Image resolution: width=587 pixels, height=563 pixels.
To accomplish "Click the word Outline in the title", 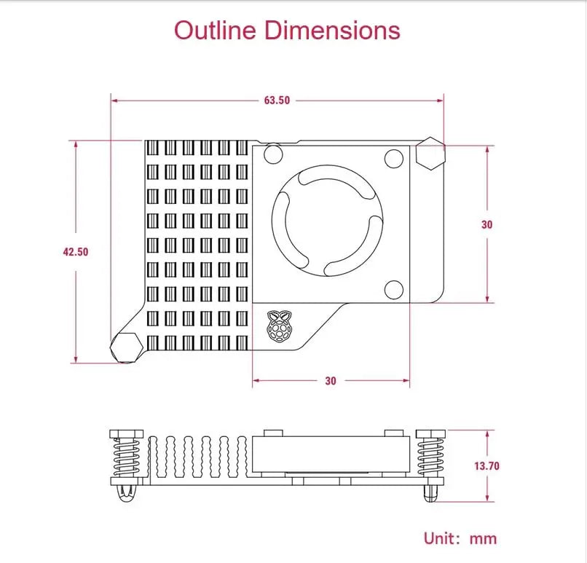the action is [x=216, y=31].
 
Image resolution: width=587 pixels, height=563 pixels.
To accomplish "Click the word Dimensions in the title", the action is [x=333, y=31].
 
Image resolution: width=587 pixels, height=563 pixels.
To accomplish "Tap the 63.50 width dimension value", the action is [x=277, y=101].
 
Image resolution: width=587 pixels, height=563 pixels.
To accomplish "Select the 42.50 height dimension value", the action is [x=76, y=251].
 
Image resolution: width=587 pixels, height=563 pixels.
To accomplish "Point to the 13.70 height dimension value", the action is [x=486, y=466].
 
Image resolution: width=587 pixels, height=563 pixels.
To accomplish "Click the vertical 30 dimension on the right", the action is [x=486, y=224].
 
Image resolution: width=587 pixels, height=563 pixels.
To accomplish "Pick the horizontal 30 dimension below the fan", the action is [x=331, y=381].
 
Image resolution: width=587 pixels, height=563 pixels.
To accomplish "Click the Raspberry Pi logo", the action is [x=279, y=326].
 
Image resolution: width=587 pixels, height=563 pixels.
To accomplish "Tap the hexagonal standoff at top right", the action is [x=430, y=154].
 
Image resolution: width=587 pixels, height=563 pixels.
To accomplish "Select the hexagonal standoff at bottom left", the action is [x=126, y=347].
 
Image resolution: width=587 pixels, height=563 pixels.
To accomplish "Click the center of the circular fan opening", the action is [x=328, y=221].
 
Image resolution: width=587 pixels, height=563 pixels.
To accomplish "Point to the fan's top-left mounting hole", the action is [x=273, y=154].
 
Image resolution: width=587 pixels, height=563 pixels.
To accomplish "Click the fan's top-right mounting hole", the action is [x=394, y=159].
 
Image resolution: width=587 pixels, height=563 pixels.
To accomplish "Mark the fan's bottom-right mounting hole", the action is [x=394, y=290].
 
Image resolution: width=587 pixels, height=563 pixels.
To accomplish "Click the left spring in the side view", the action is [x=127, y=457].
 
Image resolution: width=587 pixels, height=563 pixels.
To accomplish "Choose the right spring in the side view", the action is [x=430, y=457].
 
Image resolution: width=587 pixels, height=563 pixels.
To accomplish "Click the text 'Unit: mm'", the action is [x=460, y=539].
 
